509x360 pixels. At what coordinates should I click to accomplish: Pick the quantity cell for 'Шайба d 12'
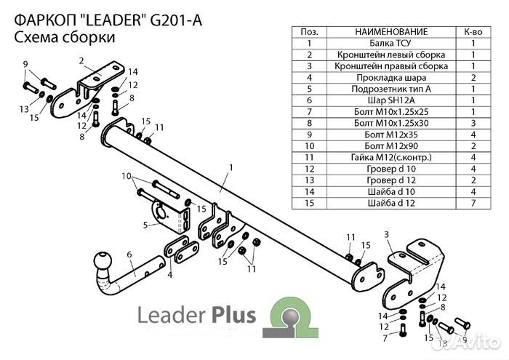coord(473,201)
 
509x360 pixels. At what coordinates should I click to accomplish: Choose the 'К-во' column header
coord(473,33)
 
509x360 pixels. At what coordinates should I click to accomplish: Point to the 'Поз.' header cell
coord(309,33)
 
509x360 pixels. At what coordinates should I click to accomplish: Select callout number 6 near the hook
coord(128,254)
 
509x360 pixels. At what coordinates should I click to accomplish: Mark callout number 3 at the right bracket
coord(387,233)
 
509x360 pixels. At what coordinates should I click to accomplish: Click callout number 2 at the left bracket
coord(81,60)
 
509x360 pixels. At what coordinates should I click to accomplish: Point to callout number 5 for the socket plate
coord(145,225)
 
